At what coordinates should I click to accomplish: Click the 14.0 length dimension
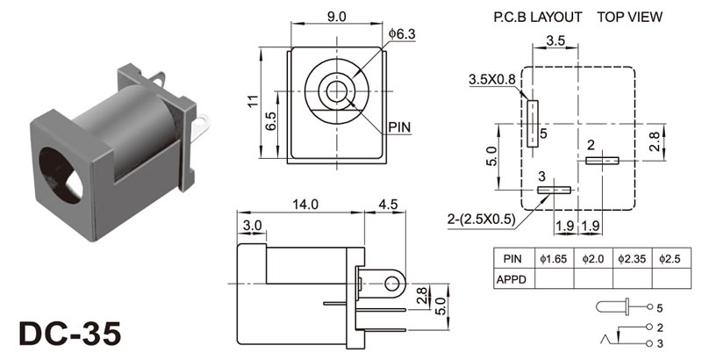(x=304, y=205)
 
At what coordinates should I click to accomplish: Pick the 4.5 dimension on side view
(x=387, y=205)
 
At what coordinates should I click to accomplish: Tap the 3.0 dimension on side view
(x=252, y=226)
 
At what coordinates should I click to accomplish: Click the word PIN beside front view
(x=398, y=127)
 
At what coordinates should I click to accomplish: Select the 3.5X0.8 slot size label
(x=493, y=79)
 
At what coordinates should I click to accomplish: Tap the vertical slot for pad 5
(x=532, y=122)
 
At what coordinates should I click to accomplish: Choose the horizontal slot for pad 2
(x=603, y=161)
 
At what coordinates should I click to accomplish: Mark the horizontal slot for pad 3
(x=554, y=190)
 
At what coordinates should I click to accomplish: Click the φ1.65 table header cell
(x=555, y=259)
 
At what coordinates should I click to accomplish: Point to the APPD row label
(x=513, y=278)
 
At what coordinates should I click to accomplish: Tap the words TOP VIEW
(x=631, y=17)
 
